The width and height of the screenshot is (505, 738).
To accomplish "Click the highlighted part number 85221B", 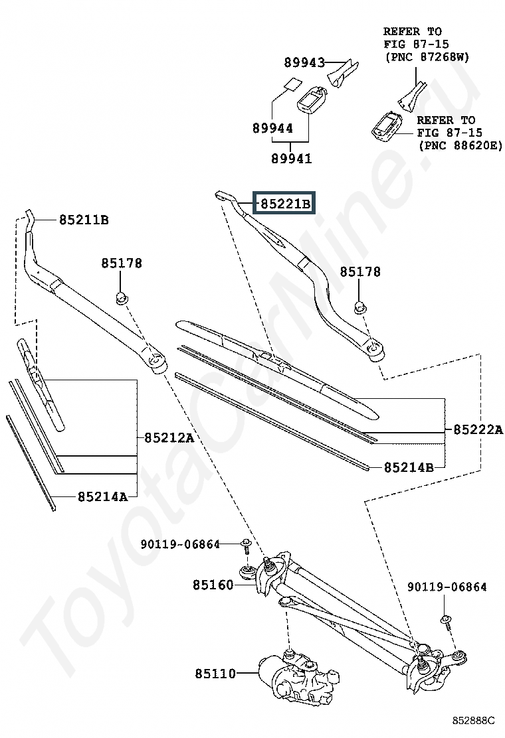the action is click(285, 204).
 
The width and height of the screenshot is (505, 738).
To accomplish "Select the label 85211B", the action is click(84, 220).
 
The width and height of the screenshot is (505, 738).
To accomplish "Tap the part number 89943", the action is click(304, 62).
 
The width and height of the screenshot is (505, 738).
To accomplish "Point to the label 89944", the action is click(272, 127).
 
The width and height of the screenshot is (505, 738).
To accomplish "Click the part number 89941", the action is click(291, 158).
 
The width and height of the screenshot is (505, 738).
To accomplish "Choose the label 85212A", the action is click(169, 438).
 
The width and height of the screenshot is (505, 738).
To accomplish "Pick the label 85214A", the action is click(102, 496).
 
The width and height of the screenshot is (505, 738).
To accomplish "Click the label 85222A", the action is click(478, 429).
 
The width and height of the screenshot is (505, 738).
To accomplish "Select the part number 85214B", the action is click(409, 467).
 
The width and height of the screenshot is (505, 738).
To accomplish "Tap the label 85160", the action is click(213, 585).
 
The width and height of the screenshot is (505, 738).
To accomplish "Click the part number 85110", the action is click(215, 674).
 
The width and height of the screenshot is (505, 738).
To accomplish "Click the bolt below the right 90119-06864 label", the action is click(447, 622).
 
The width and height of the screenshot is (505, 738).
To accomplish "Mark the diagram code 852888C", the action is click(473, 720).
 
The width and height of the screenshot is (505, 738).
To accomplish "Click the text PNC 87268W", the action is click(428, 57).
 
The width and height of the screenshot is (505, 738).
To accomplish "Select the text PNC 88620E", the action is click(461, 145).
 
